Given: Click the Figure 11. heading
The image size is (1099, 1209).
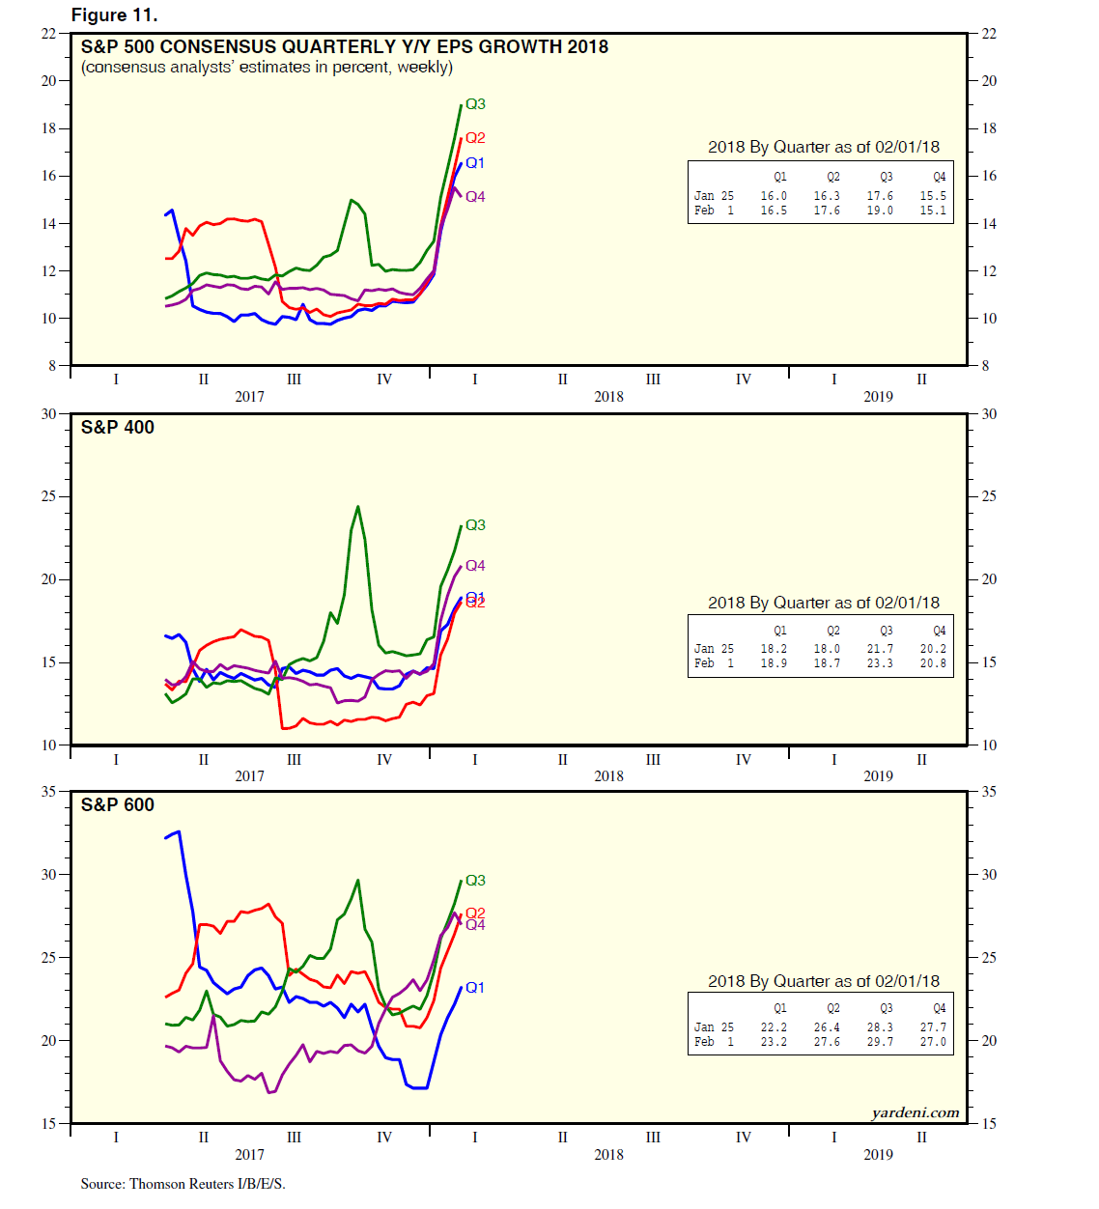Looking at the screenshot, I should click(114, 14).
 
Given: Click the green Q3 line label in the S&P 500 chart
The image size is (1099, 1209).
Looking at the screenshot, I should click(475, 104).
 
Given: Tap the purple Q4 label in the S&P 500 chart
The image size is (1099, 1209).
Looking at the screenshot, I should click(475, 197).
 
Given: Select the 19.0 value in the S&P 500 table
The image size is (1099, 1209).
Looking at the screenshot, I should click(880, 211).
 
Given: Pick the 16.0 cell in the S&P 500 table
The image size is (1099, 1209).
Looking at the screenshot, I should click(774, 196).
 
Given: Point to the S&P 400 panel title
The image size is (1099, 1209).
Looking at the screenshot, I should click(117, 427).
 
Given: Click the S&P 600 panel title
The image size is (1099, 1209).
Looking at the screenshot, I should click(117, 804).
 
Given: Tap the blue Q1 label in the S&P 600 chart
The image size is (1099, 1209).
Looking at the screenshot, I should click(475, 987).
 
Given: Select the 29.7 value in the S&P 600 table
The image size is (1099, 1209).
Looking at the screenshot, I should click(880, 1042).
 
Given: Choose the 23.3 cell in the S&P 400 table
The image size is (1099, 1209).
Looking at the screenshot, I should click(880, 663).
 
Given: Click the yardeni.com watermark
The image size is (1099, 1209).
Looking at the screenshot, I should click(915, 1112).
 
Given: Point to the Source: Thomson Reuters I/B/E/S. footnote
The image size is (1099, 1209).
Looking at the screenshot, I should click(183, 1184).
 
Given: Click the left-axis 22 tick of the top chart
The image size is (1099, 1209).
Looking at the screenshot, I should click(48, 34).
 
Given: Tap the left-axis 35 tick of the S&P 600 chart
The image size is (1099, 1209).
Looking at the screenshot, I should click(48, 791).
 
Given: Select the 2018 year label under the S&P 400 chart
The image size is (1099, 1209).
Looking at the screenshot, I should click(608, 776).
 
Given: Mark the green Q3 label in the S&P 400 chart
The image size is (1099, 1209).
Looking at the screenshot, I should click(475, 525).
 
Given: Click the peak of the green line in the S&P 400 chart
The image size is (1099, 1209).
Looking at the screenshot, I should click(358, 506).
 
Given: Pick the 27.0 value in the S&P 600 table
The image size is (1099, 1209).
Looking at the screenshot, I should click(933, 1042).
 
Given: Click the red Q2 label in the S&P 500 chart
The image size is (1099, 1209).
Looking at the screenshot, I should click(475, 138).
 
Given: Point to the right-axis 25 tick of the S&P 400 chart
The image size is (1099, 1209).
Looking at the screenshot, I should click(989, 496).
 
